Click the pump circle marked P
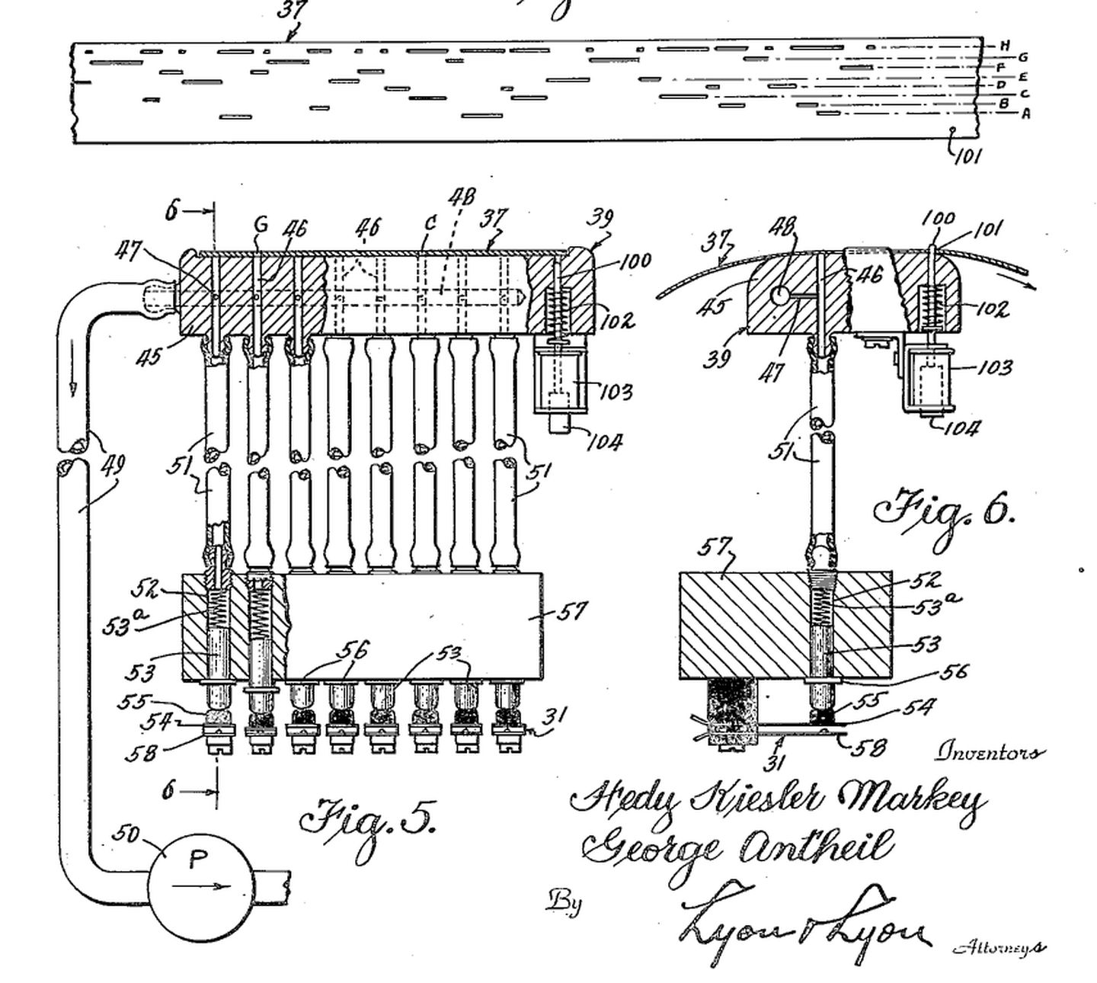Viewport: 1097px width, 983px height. pos(199,884)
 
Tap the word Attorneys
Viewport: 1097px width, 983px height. pos(999,947)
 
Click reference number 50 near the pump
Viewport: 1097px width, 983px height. pos(126,834)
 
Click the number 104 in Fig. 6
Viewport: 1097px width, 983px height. pos(961,427)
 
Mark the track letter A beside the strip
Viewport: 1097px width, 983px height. pos(1025,114)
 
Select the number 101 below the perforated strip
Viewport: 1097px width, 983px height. pos(967,155)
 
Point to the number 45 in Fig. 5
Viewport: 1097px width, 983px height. pos(149,355)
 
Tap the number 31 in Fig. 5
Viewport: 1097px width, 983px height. pos(555,717)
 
